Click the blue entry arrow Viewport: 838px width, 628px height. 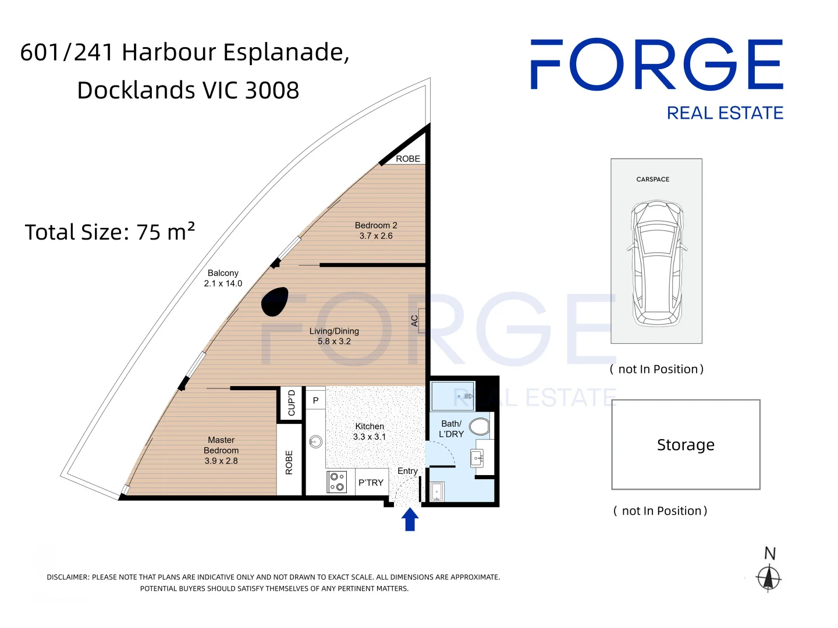pyautogui.click(x=410, y=519)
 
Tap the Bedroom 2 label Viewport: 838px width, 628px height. pyautogui.click(x=376, y=230)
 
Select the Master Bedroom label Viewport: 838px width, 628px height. pyautogui.click(x=221, y=450)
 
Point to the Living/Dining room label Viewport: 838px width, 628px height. pyautogui.click(x=334, y=336)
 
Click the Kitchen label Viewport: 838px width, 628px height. pyautogui.click(x=369, y=431)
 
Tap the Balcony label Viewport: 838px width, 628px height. pyautogui.click(x=223, y=278)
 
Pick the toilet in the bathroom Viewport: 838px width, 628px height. pyautogui.click(x=479, y=427)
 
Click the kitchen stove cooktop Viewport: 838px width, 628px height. pyautogui.click(x=337, y=481)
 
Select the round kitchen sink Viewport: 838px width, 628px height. pyautogui.click(x=315, y=441)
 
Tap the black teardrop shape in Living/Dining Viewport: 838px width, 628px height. pyautogui.click(x=274, y=301)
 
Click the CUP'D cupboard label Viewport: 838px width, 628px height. pyautogui.click(x=292, y=402)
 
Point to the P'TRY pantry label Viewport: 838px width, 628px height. pyautogui.click(x=371, y=483)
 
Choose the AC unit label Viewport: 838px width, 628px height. pyautogui.click(x=414, y=320)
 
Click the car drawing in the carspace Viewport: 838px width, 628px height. pyautogui.click(x=656, y=263)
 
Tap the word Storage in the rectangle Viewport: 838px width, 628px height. pyautogui.click(x=686, y=445)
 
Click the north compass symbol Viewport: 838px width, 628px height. pyautogui.click(x=768, y=577)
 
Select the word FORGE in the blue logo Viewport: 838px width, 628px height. pyautogui.click(x=656, y=64)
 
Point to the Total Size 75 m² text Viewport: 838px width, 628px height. pyautogui.click(x=110, y=231)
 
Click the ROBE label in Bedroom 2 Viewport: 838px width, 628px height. pyautogui.click(x=408, y=159)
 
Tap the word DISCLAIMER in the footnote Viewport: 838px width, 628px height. pyautogui.click(x=68, y=577)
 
